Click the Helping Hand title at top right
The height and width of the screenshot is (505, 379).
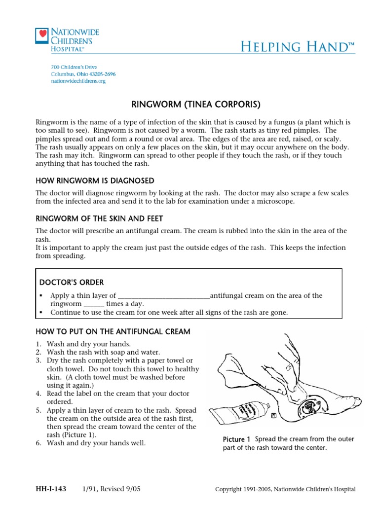[x=298, y=47]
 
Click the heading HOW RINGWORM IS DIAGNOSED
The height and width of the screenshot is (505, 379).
[x=95, y=180]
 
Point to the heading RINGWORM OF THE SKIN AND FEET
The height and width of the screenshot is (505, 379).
[x=99, y=218]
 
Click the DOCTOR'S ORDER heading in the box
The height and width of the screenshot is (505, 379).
[x=72, y=283]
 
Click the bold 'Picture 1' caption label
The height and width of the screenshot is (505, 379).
[x=237, y=439]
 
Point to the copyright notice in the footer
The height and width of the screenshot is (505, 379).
[x=285, y=489]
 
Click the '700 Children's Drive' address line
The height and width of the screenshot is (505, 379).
[x=74, y=67]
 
